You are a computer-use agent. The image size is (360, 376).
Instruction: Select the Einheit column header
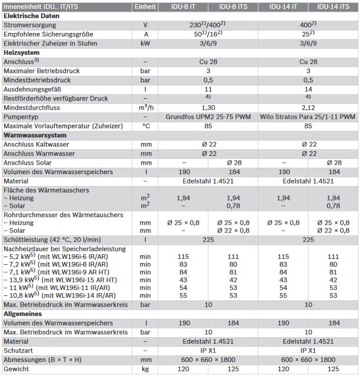(x=145, y=7)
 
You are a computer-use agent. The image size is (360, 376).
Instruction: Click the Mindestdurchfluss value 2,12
(x=308, y=108)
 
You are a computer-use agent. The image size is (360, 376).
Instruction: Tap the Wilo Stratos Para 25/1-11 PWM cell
(x=308, y=117)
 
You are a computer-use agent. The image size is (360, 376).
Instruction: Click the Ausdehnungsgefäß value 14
(x=308, y=89)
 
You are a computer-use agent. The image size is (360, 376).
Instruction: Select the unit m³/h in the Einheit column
(x=145, y=108)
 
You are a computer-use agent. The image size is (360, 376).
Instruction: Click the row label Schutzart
(x=17, y=350)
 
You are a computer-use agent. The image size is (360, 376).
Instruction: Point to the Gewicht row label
(x=15, y=369)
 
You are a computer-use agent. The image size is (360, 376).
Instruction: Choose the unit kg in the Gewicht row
(x=145, y=369)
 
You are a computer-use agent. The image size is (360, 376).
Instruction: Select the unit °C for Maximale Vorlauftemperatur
(x=145, y=126)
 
